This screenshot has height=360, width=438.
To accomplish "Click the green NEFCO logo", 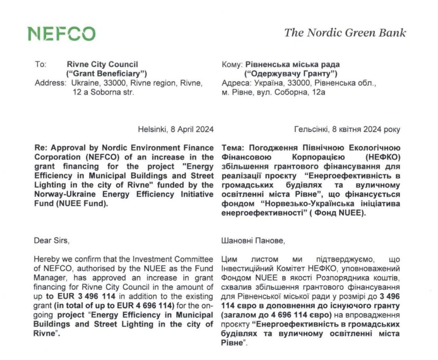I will tap(62, 34).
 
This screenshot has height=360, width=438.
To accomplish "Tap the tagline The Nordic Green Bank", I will tap(345, 33).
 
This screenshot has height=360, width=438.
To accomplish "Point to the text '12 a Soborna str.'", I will tap(103, 92).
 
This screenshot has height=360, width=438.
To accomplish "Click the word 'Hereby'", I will tap(46, 259).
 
